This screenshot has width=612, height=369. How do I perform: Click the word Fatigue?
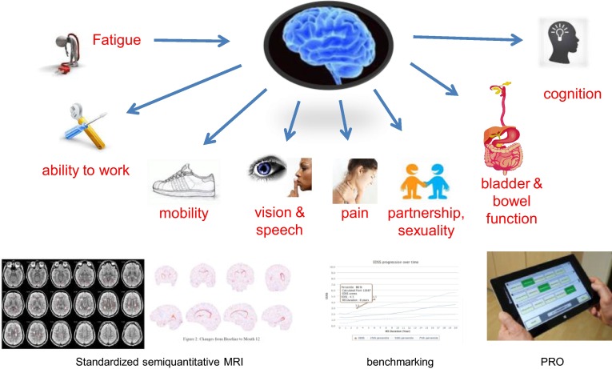tap(118, 38)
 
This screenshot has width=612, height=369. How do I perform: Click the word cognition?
tap(571, 94)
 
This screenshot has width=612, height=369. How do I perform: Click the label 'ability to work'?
tap(86, 170)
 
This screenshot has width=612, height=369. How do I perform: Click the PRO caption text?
tap(551, 361)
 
